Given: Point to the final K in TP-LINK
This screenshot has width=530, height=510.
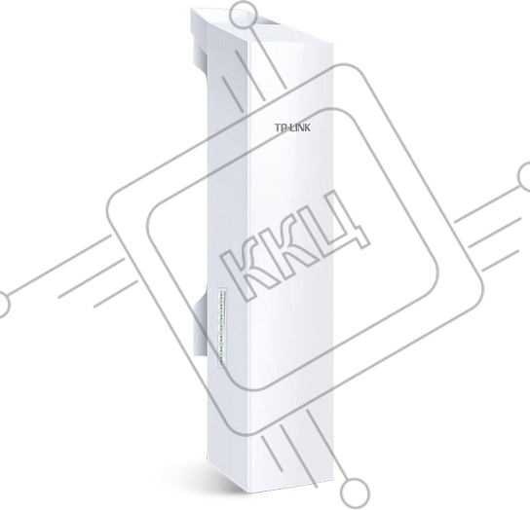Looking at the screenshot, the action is click(307, 127).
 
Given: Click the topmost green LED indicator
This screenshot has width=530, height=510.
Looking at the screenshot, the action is click(222, 295).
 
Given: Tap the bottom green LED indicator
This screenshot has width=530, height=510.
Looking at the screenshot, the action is click(221, 359).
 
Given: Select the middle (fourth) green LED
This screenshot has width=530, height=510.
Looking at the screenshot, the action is click(221, 327).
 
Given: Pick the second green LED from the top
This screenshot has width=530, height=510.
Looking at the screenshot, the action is click(222, 306).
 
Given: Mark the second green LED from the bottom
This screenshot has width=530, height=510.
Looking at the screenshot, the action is click(221, 348).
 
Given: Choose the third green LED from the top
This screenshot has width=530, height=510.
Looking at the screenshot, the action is click(222, 316).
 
